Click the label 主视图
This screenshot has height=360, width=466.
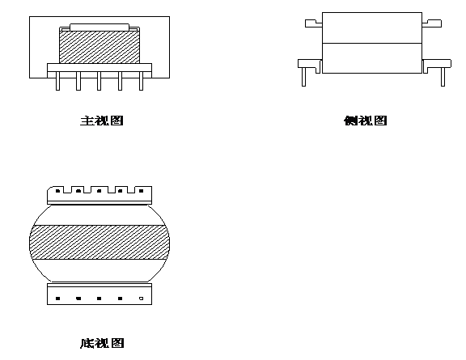click(x=102, y=121)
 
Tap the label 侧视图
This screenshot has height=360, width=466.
click(x=365, y=121)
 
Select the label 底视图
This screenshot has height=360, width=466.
click(x=102, y=343)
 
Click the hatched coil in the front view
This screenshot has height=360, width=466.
click(x=100, y=47)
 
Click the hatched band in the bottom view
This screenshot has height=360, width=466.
click(x=100, y=242)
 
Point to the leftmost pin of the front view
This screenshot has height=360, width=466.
click(x=57, y=81)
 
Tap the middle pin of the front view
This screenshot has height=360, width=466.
click(x=99, y=81)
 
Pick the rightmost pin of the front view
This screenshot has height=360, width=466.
click(x=141, y=81)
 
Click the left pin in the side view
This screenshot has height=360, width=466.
click(x=303, y=77)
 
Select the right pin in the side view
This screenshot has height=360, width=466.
click(x=443, y=77)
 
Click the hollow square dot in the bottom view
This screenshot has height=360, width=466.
click(x=141, y=299)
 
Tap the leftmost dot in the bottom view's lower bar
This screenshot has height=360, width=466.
click(x=57, y=299)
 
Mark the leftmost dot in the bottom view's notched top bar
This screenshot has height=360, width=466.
click(x=57, y=191)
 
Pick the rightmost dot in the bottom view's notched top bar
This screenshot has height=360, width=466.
click(x=141, y=191)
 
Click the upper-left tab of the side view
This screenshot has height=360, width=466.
click(x=314, y=23)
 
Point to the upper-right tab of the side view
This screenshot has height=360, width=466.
click(x=431, y=23)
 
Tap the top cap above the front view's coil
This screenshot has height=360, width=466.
click(x=100, y=28)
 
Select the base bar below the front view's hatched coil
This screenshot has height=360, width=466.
click(x=100, y=67)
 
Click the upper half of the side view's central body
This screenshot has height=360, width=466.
click(x=372, y=28)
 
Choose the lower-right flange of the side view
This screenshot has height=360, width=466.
click(x=437, y=64)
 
